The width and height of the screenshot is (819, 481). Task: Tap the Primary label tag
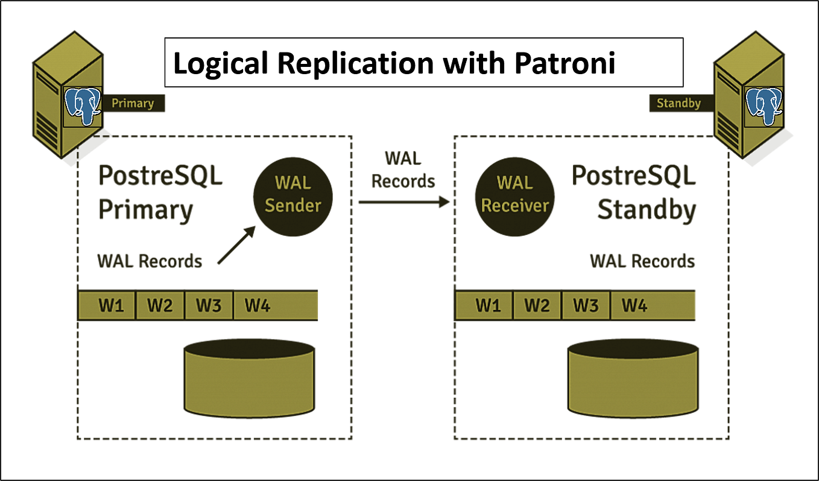132,103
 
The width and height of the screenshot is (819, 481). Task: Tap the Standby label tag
678,103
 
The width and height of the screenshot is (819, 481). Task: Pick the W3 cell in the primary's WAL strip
208,306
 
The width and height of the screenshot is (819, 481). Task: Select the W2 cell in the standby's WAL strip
537,306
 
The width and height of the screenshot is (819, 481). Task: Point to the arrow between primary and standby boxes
403,203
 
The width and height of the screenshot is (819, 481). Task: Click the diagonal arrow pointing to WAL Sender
235,246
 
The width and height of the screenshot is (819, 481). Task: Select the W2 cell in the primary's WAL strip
160,306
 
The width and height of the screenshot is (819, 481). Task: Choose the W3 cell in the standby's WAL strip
586,306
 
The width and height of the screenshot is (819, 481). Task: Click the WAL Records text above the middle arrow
403,169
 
